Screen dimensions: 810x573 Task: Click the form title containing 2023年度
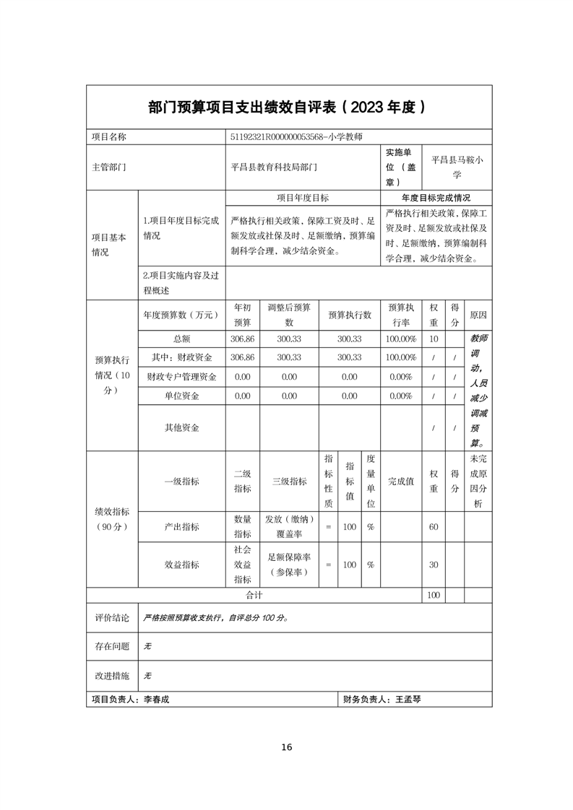tap(286, 107)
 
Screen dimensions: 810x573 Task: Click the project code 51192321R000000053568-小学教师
tap(296, 136)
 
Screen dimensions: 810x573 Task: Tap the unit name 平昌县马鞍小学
tap(457, 167)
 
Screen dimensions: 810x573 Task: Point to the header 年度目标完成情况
tap(436, 198)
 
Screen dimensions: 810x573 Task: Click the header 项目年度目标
tap(303, 198)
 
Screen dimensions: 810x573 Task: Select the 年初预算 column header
tap(242, 315)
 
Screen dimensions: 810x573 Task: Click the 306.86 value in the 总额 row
tap(242, 339)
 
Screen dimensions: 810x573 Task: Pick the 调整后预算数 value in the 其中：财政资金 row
tap(289, 357)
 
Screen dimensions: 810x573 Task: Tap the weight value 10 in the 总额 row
tap(434, 339)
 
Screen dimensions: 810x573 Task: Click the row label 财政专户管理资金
tap(182, 376)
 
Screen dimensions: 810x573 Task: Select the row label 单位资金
tap(182, 396)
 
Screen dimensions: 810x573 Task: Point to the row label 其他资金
tap(182, 427)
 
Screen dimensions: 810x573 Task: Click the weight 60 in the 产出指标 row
tap(434, 527)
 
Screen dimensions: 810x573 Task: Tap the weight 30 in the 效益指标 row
tap(434, 565)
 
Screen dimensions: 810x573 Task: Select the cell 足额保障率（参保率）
tap(289, 565)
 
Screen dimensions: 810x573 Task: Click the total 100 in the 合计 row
tap(434, 596)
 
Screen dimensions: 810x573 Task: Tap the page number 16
tap(287, 747)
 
